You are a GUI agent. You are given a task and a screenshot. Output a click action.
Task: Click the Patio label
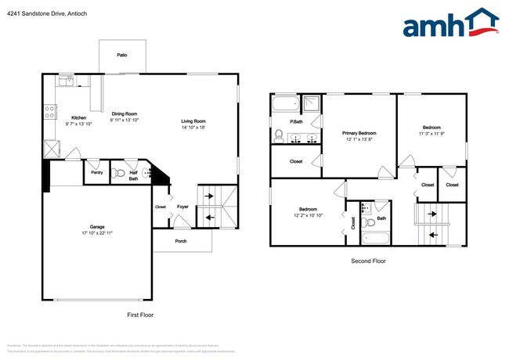[x=121, y=56]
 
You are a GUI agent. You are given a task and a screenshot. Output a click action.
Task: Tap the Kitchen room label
[x=79, y=117]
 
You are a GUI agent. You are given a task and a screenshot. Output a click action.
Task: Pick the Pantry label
[x=97, y=172]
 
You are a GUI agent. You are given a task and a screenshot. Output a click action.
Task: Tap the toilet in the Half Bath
[x=118, y=173]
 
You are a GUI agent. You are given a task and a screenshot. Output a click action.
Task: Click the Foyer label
[x=182, y=207]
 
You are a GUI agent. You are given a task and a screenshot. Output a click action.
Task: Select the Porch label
[x=181, y=240]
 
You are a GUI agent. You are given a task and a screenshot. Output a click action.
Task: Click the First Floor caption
[x=141, y=315]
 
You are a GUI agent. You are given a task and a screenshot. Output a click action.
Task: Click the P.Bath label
[x=297, y=121]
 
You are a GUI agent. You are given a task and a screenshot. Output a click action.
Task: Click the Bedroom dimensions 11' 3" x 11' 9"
[x=431, y=135]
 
